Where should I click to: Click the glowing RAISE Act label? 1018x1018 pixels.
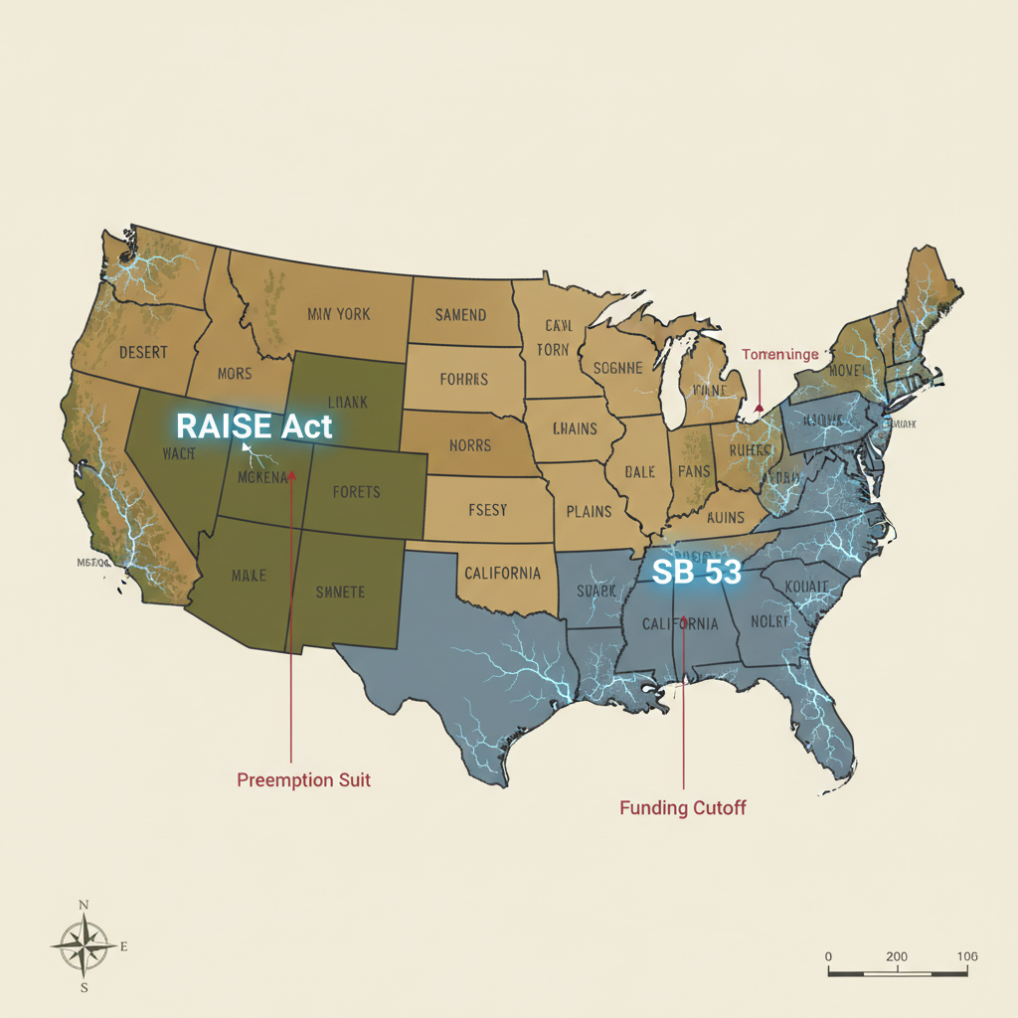click(x=254, y=426)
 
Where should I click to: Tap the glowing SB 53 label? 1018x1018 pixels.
click(x=696, y=572)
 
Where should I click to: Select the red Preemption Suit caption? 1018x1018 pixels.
click(x=303, y=780)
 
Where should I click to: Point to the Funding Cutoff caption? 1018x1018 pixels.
click(x=682, y=807)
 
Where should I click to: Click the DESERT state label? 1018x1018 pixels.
click(x=143, y=352)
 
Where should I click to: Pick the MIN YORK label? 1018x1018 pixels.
click(x=338, y=314)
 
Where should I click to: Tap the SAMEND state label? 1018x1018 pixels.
click(x=460, y=315)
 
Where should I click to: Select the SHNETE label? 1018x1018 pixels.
click(x=340, y=593)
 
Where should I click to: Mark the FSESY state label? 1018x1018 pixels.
click(x=487, y=510)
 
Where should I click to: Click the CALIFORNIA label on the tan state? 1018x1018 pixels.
click(x=502, y=574)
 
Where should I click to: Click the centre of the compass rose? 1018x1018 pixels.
click(x=85, y=944)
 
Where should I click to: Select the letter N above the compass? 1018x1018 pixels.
click(x=85, y=905)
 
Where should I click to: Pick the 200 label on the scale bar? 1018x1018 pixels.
click(x=896, y=956)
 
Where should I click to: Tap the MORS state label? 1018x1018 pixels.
click(x=236, y=375)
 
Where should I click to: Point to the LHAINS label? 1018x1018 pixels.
click(x=575, y=428)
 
